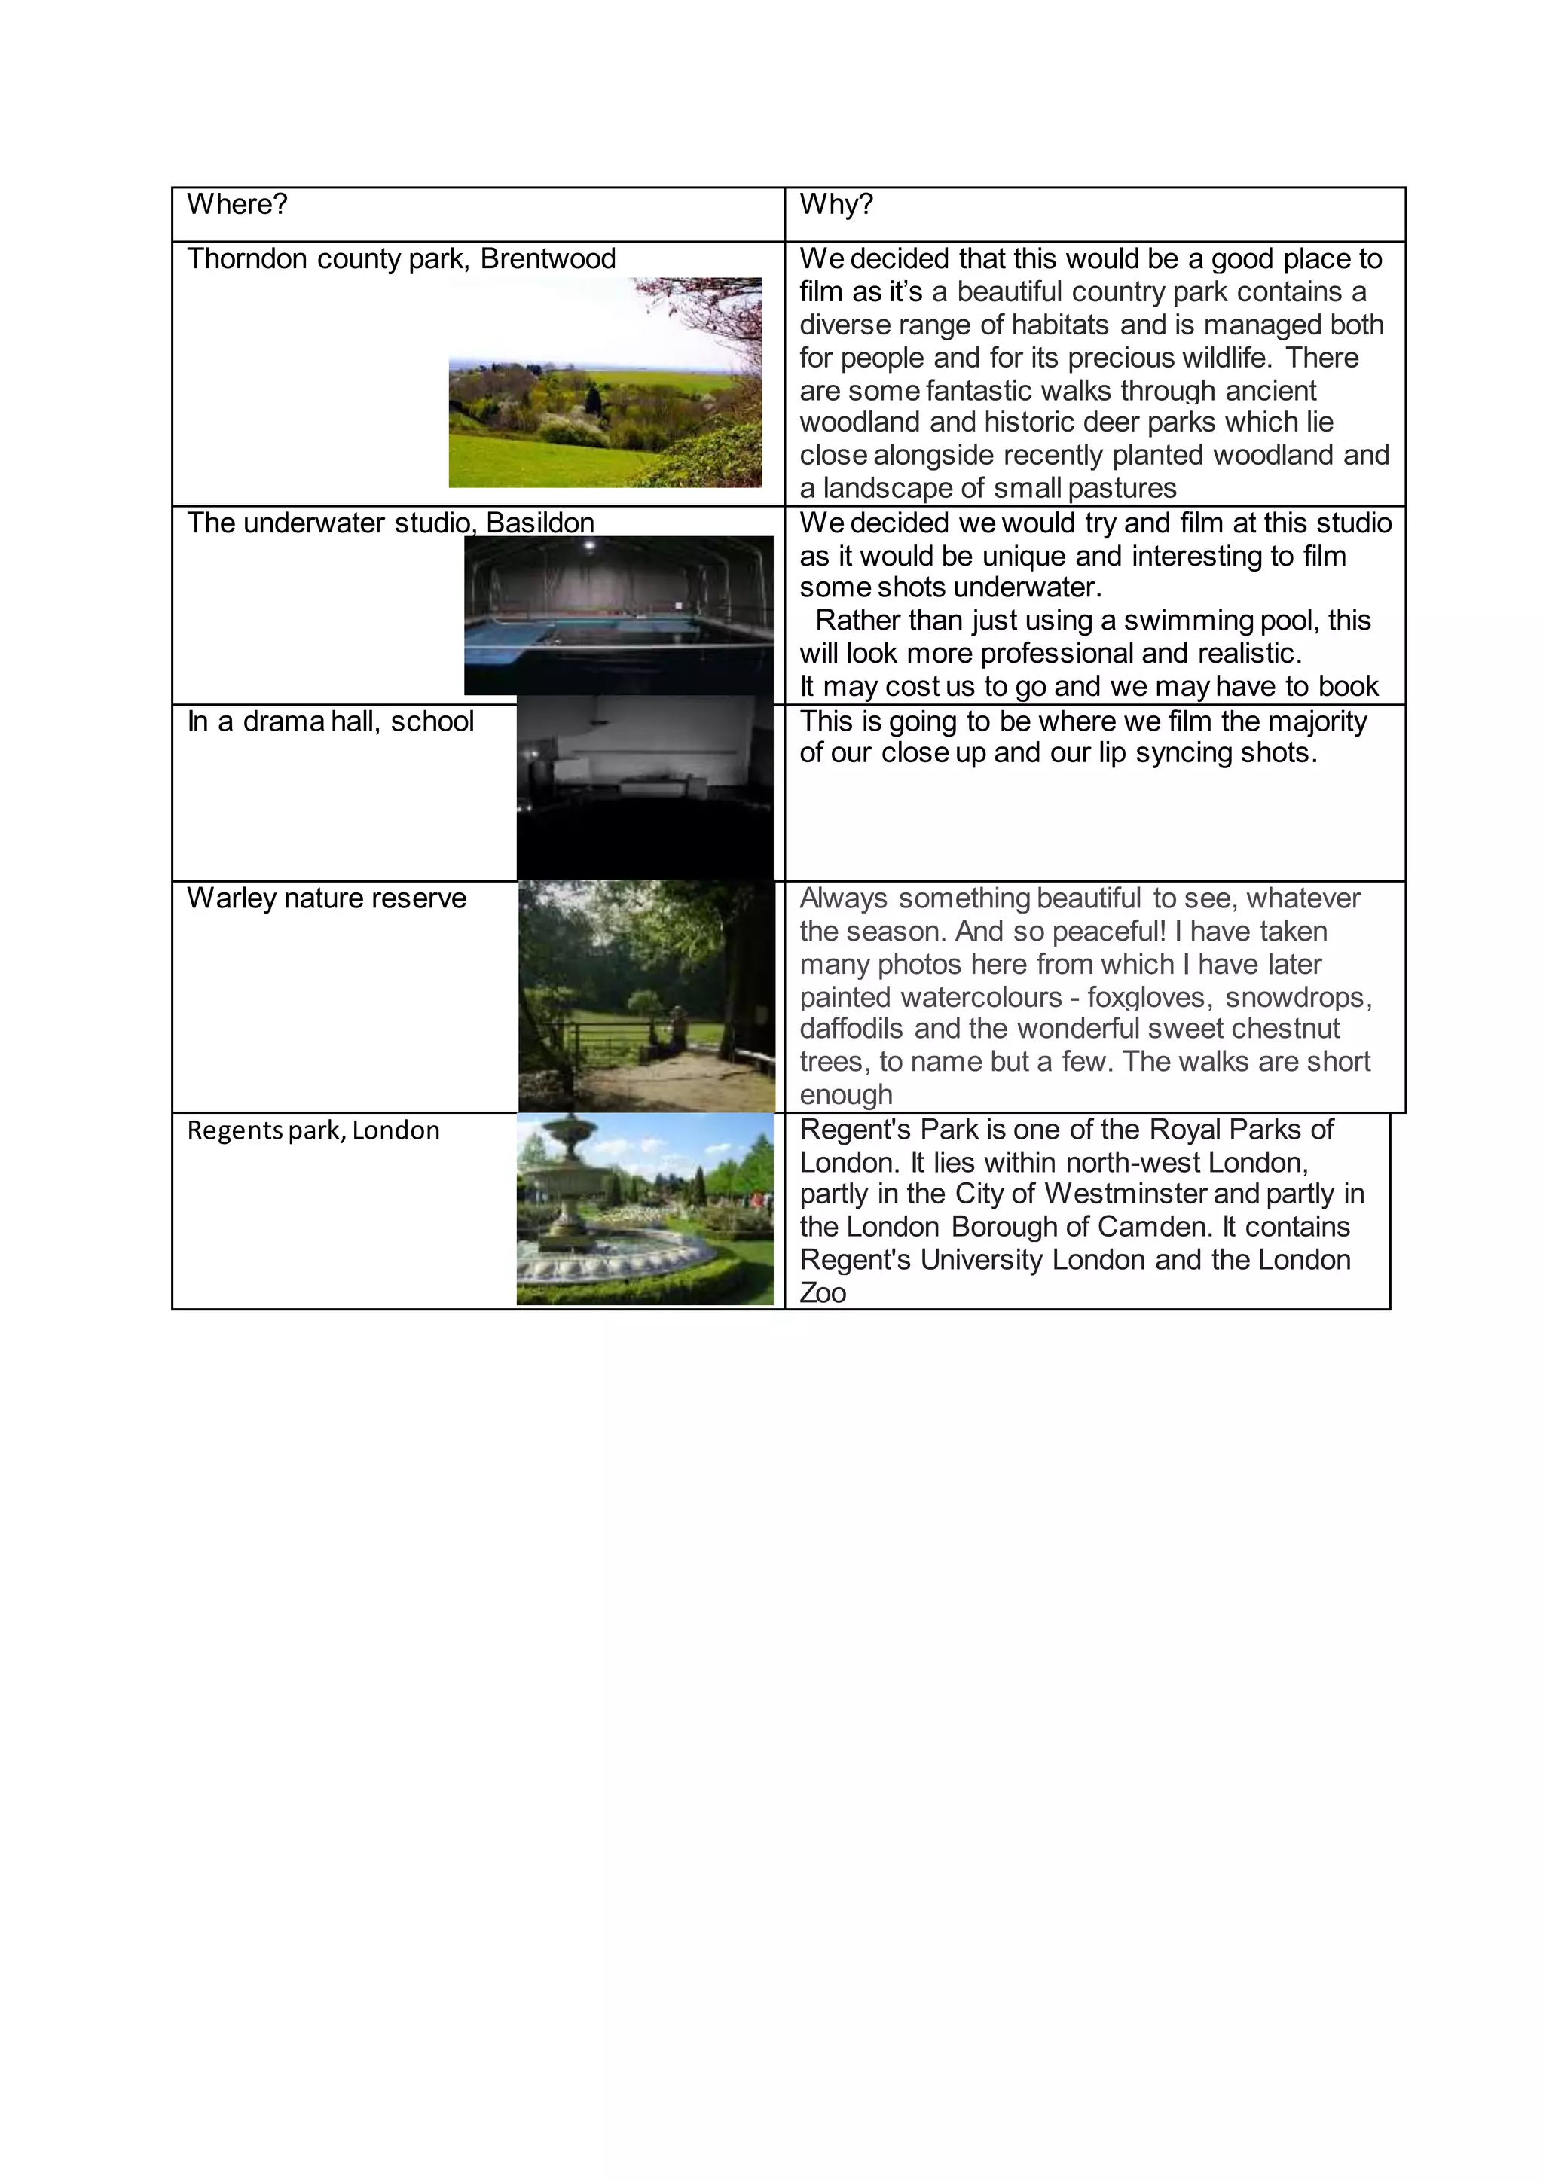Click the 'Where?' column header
point(237,204)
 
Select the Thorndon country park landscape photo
point(604,383)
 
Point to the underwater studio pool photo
point(618,615)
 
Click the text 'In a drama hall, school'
point(330,721)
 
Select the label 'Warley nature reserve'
point(326,898)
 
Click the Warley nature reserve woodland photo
point(646,996)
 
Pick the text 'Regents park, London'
point(313,1130)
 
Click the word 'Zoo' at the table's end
point(822,1293)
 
